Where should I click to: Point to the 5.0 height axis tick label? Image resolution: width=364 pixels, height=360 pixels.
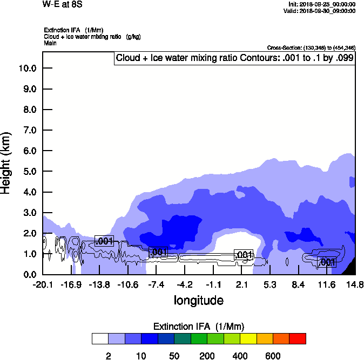(x=27, y=172)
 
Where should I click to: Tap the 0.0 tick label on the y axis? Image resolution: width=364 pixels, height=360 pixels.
(x=27, y=275)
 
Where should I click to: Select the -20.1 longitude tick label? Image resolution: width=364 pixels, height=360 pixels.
(x=43, y=285)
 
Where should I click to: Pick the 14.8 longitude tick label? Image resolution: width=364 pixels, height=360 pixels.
(x=355, y=285)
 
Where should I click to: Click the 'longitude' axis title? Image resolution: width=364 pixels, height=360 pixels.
(x=198, y=300)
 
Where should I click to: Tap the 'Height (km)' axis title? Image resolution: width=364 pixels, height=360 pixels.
(x=6, y=162)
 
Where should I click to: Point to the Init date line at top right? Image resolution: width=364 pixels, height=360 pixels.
(x=322, y=4)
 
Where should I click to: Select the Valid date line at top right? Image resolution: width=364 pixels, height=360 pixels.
(x=322, y=11)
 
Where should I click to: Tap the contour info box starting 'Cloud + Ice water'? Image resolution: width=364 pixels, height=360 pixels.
(x=235, y=58)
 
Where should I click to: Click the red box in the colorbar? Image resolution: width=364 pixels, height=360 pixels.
(x=298, y=338)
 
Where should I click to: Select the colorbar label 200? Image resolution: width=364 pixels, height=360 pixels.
(x=207, y=356)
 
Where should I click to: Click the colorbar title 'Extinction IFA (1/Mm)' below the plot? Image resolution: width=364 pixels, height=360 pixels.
(x=199, y=327)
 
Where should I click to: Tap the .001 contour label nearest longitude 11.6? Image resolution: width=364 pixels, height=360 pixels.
(x=327, y=262)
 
